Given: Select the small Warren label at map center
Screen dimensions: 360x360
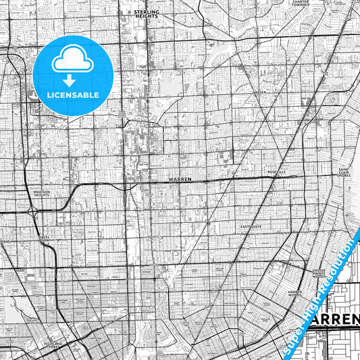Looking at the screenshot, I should [180, 180].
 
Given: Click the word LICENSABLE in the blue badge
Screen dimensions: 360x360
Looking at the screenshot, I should [73, 95].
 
